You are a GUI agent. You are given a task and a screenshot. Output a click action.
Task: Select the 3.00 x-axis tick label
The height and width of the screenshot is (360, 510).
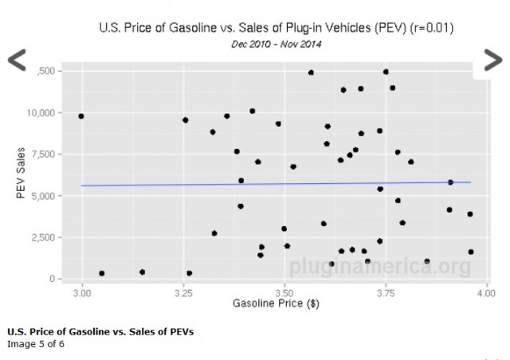pyautogui.click(x=81, y=294)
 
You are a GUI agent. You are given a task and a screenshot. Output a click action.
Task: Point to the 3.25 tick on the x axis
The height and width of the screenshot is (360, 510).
pyautogui.click(x=182, y=294)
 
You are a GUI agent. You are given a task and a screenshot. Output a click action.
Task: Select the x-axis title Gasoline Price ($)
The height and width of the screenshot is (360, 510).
pyautogui.click(x=276, y=304)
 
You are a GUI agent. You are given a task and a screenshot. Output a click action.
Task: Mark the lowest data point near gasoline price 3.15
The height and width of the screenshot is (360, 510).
pyautogui.click(x=142, y=272)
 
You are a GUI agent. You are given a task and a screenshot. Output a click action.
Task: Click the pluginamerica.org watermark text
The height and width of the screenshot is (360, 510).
pyautogui.click(x=379, y=264)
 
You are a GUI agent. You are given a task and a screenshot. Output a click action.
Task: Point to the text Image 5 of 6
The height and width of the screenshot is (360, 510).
pyautogui.click(x=35, y=344)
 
